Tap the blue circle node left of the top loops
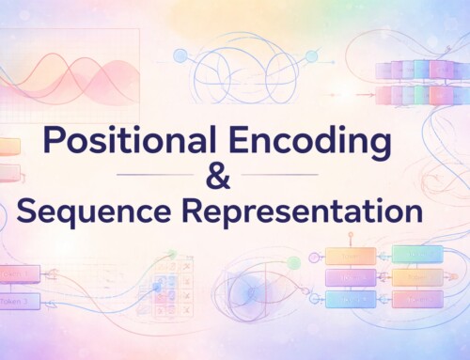tap(180, 56)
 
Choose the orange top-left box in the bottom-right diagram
tap(350, 255)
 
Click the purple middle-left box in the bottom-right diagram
tap(350, 276)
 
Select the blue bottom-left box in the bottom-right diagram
tap(350, 299)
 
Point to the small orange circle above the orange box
tap(350, 232)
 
